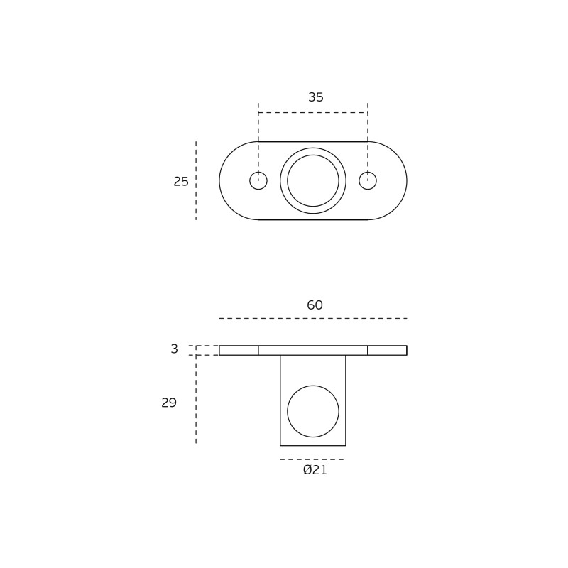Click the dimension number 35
[315, 97]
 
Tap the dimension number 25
[181, 182]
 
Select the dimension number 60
[315, 305]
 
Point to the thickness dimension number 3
[174, 349]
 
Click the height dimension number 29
[169, 403]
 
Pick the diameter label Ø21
[315, 470]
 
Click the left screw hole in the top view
[258, 181]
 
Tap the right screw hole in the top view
[368, 181]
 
